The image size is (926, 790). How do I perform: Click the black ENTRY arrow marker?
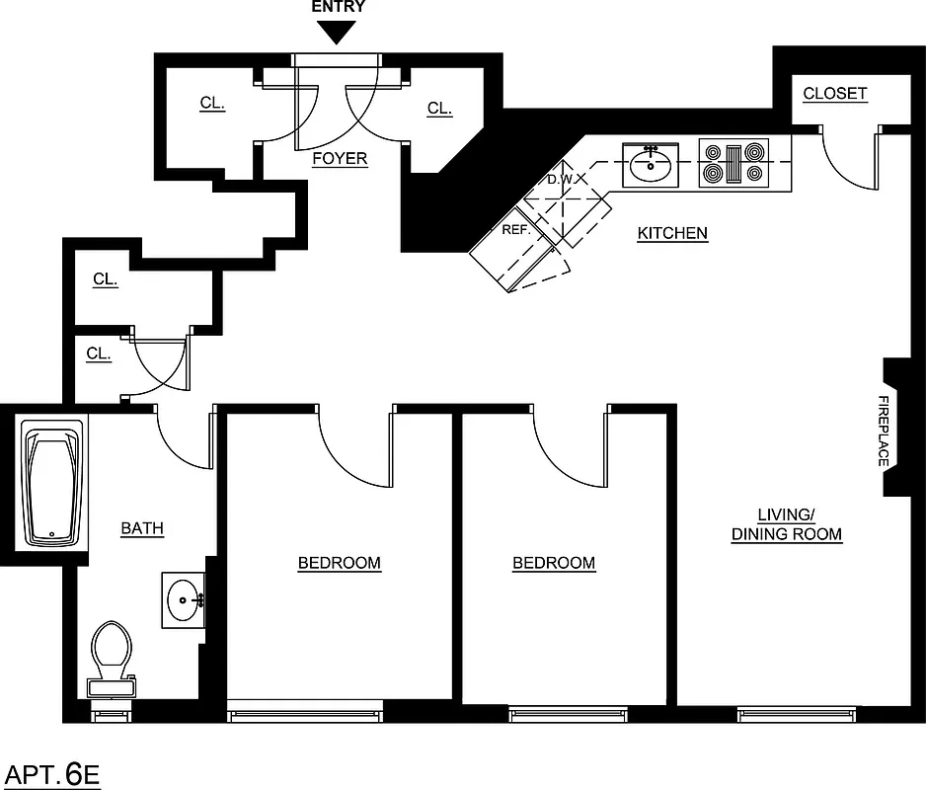[x=339, y=33]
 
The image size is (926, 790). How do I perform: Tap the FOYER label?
[x=340, y=158]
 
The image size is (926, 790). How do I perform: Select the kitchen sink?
[x=651, y=164]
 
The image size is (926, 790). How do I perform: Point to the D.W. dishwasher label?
[x=561, y=181]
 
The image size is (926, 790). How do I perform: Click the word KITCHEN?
[x=672, y=233]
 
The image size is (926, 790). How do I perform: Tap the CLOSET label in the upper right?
[x=834, y=94]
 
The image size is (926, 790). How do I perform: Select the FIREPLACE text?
[x=884, y=432]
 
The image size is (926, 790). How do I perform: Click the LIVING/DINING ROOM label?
[x=786, y=524]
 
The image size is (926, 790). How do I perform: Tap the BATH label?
[x=142, y=528]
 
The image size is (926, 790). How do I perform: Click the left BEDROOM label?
[x=340, y=563]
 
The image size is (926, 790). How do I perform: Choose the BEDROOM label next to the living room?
[x=554, y=563]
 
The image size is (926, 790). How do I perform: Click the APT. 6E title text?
[x=53, y=773]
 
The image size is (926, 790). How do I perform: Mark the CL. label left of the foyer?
[x=212, y=103]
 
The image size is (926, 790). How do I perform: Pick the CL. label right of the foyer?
[x=439, y=109]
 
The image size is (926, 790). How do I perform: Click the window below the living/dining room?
[x=796, y=714]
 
